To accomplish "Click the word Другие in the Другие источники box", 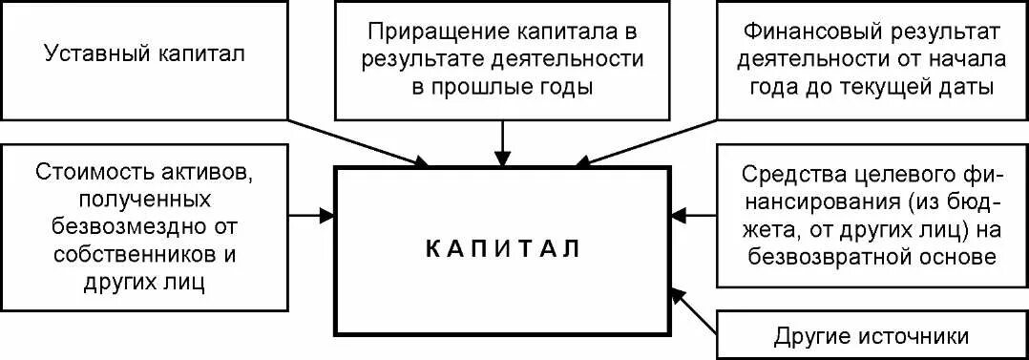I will pyautogui.click(x=808, y=336).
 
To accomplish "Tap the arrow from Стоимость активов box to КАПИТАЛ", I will pyautogui.click(x=311, y=216).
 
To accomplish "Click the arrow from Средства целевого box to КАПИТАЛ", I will pyautogui.click(x=693, y=214).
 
